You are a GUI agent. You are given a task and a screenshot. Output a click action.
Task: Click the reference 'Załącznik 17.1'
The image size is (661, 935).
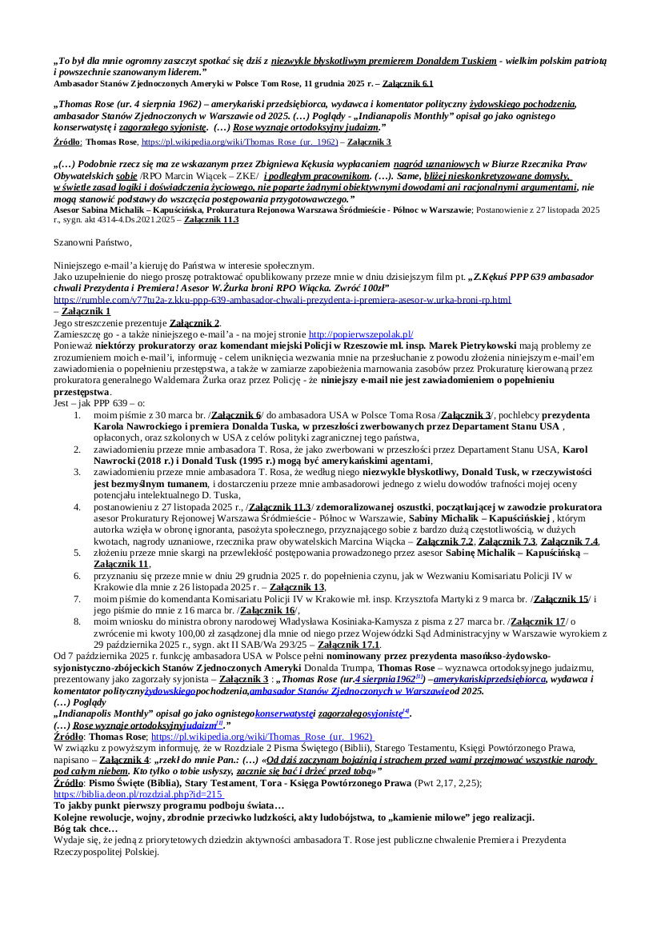[x=349, y=644]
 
